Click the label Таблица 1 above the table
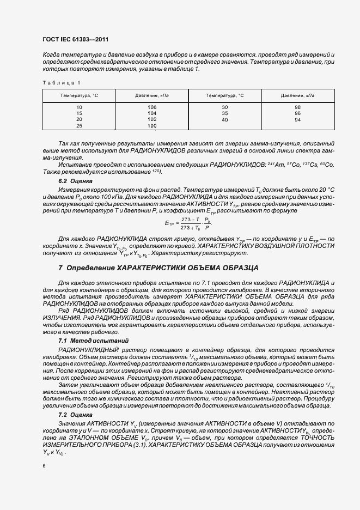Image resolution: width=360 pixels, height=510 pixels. click(61, 82)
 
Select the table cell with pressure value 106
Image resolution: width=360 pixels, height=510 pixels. click(152, 107)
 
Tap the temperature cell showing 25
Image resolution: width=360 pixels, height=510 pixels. click(79, 125)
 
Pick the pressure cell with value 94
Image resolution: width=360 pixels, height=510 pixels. click(297, 119)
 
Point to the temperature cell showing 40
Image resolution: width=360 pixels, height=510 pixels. click(224, 119)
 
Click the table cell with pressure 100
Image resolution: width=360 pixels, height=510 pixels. click(152, 125)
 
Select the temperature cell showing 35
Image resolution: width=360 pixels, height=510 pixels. click(224, 113)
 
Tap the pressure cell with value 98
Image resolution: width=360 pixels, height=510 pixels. click(297, 107)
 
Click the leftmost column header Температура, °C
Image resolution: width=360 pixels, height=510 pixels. click(79, 95)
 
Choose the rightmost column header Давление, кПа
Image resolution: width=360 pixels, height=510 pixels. click(297, 95)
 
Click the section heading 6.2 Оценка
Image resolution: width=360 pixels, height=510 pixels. click(75, 180)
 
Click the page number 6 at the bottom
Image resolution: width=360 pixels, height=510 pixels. click(44, 466)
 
